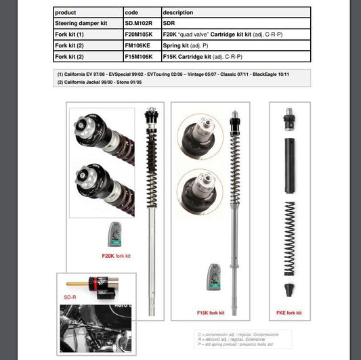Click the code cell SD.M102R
click(x=140, y=23)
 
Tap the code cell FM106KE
click(x=140, y=45)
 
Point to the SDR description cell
click(x=170, y=23)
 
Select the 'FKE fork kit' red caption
click(x=290, y=313)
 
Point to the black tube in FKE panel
click(x=290, y=165)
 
